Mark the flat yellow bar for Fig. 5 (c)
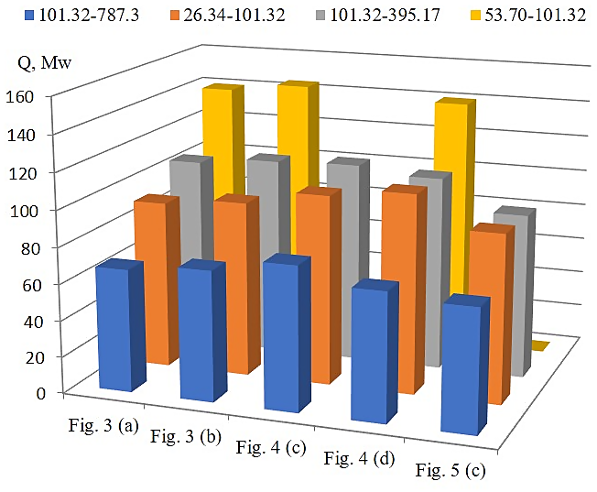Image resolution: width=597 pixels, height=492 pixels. point(540,345)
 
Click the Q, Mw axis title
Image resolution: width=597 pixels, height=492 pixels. point(48,62)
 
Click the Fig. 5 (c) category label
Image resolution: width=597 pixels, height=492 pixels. point(450,471)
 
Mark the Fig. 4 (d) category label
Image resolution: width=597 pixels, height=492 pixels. point(359,458)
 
